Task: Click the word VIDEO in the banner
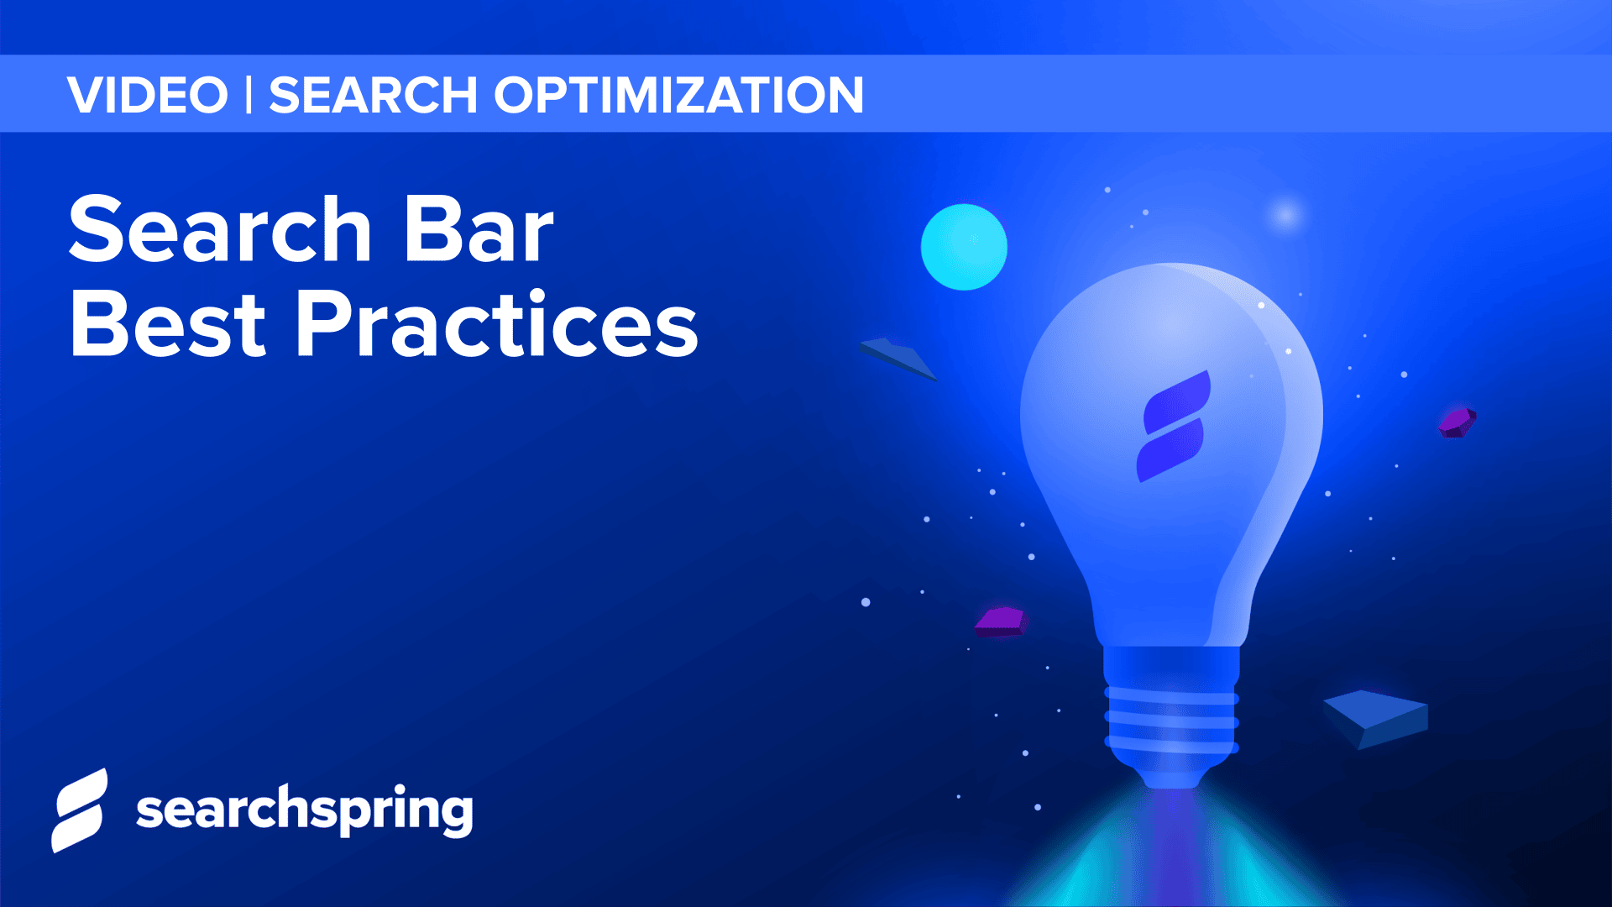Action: point(148,95)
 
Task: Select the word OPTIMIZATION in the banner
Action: point(678,95)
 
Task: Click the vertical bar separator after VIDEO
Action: point(249,95)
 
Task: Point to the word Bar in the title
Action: point(479,229)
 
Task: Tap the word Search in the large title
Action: point(220,229)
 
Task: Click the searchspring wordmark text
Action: point(304,810)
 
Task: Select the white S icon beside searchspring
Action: point(81,810)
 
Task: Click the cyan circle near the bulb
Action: point(964,247)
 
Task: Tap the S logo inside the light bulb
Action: point(1174,427)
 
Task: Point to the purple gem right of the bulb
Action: point(1457,422)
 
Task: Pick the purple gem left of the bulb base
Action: point(1001,621)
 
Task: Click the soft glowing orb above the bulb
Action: point(1285,215)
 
